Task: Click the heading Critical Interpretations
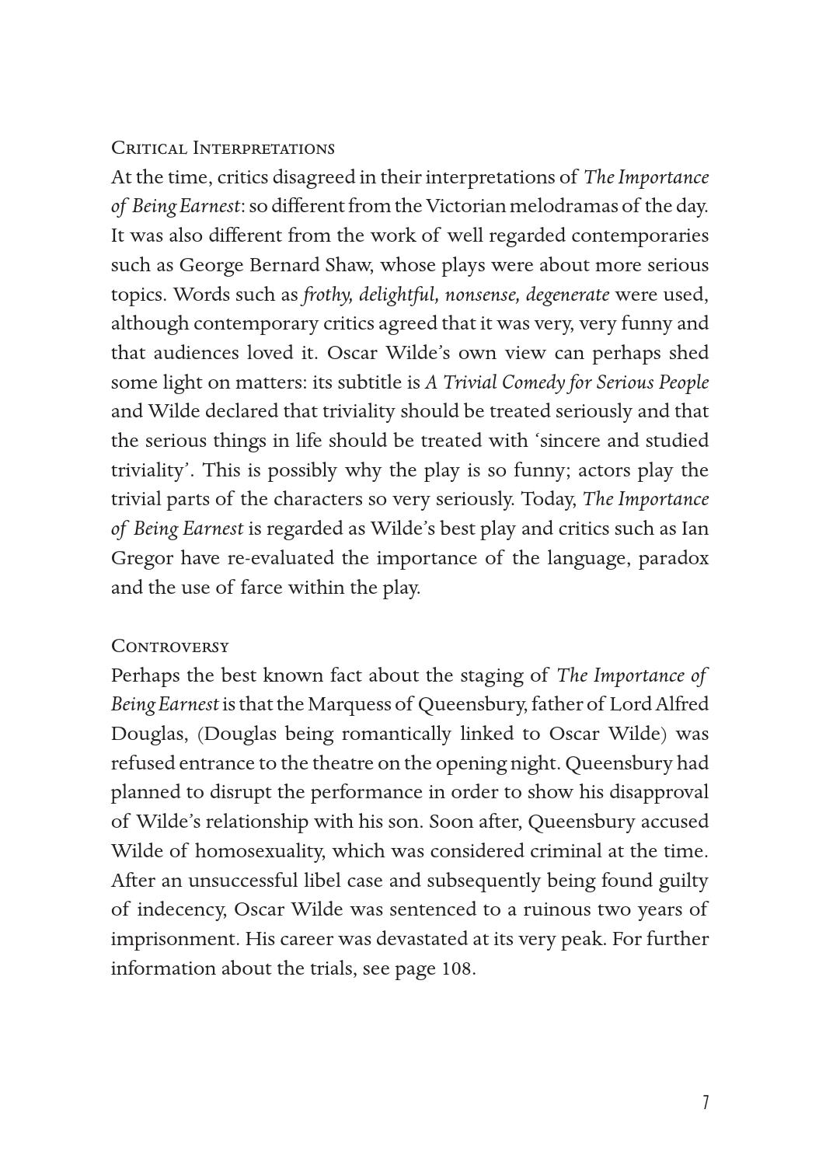[x=223, y=148]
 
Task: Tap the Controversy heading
[x=170, y=646]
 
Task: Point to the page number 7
[x=706, y=1102]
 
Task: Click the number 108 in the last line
[x=457, y=968]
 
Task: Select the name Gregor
[x=141, y=559]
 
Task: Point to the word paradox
[x=673, y=558]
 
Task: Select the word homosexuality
[x=260, y=851]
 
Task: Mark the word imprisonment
[x=174, y=939]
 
